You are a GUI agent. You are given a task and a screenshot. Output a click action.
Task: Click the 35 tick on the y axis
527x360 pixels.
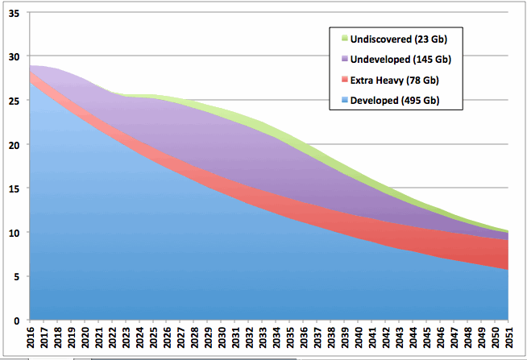point(14,14)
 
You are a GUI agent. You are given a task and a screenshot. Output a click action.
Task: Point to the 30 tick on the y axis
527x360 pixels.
point(14,57)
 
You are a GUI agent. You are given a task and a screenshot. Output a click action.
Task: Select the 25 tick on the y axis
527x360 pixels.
point(14,101)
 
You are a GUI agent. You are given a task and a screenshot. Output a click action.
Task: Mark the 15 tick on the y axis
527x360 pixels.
point(14,189)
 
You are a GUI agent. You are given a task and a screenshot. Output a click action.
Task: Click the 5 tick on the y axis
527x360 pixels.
point(17,277)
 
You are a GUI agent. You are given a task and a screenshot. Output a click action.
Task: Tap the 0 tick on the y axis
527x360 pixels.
point(17,321)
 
